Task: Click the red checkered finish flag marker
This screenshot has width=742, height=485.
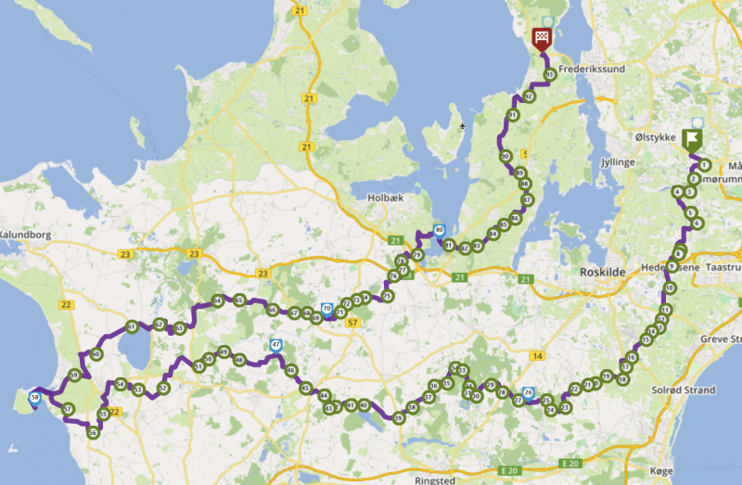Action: coord(542,38)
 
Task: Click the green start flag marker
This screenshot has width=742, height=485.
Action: coord(691,139)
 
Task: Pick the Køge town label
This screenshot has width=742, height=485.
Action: coord(661,471)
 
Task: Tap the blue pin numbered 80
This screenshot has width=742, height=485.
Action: coord(439,230)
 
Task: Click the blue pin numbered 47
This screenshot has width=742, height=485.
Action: coord(275,346)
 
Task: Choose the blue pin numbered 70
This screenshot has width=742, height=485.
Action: coord(326,309)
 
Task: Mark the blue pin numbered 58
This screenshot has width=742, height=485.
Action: coord(35,398)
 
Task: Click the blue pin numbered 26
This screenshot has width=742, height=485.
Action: coord(528,392)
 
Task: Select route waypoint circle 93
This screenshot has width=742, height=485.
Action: coord(550,74)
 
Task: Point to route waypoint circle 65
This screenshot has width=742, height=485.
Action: coord(239,300)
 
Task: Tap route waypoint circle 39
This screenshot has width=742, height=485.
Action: coord(398,418)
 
